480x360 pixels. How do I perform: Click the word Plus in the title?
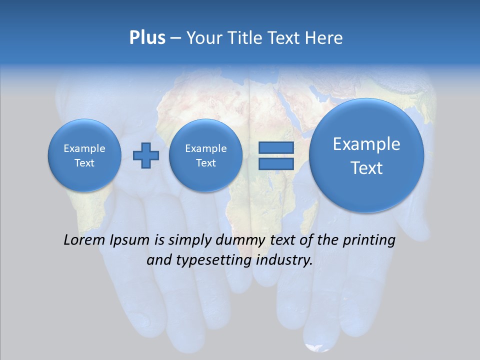click(x=147, y=38)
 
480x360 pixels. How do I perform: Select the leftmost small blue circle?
click(x=84, y=155)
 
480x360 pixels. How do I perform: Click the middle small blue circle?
click(x=205, y=155)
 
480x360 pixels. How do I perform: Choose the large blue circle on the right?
click(x=366, y=155)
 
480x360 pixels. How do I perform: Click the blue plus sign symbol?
click(x=146, y=155)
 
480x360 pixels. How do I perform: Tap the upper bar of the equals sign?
click(x=275, y=147)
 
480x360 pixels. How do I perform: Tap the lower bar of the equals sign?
click(x=275, y=163)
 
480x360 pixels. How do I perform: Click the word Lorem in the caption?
click(x=85, y=240)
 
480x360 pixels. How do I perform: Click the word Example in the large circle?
click(x=366, y=144)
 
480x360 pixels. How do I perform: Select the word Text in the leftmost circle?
click(x=84, y=163)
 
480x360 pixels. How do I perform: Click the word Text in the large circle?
click(x=366, y=168)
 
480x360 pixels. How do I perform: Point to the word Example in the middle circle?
click(x=205, y=148)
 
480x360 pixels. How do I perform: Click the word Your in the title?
click(x=203, y=38)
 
